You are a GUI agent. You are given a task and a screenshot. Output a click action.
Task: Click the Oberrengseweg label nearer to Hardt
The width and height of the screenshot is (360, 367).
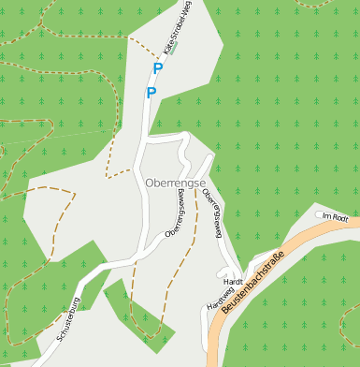tap(212, 216)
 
